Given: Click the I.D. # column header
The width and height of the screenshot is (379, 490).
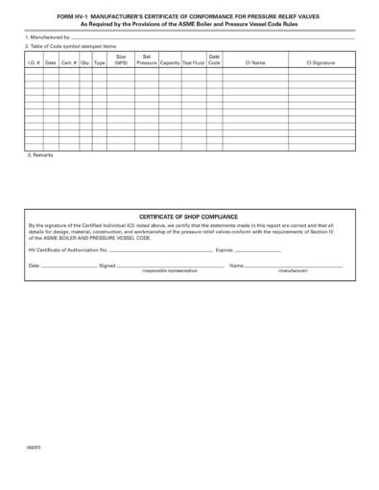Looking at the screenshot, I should click(32, 62).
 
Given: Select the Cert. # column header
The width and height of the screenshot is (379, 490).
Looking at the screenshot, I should click(69, 62).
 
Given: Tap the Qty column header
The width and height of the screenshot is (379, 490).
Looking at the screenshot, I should click(85, 62).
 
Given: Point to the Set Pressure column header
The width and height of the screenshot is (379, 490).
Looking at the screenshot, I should click(146, 59).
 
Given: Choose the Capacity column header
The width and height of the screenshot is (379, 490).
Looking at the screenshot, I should click(170, 62).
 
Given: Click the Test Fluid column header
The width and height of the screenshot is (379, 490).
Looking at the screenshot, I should click(193, 62).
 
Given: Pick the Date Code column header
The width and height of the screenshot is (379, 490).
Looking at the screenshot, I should click(214, 59).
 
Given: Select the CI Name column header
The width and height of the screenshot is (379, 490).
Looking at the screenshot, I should click(254, 62).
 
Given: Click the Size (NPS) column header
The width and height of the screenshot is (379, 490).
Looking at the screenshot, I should click(121, 59).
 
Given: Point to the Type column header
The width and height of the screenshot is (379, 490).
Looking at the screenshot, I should click(99, 62).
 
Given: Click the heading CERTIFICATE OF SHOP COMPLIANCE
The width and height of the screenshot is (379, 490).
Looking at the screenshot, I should click(188, 217).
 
